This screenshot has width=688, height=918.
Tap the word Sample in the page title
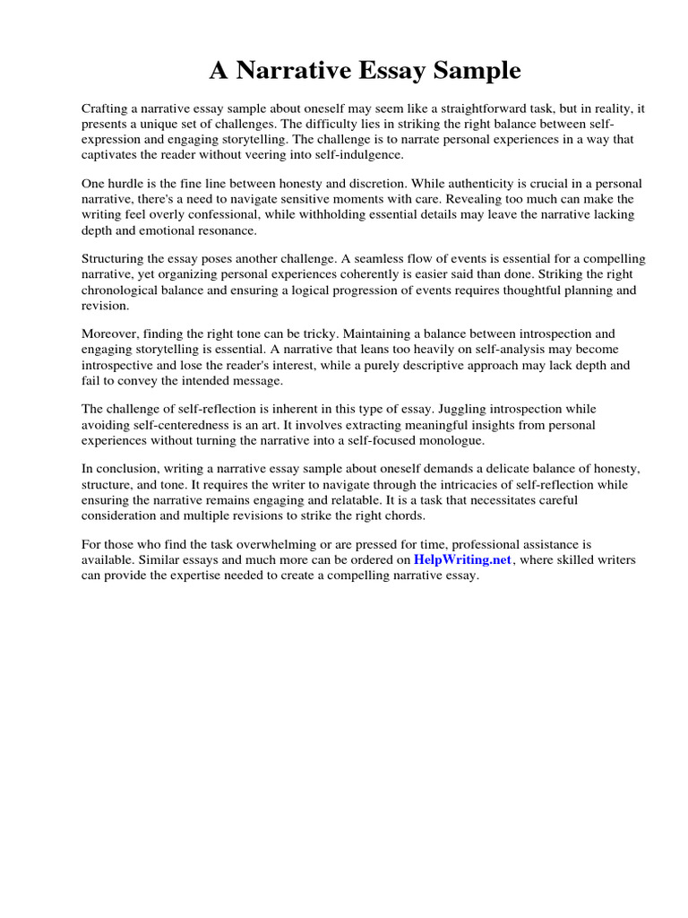pyautogui.click(x=477, y=70)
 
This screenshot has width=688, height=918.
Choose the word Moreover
pyautogui.click(x=110, y=334)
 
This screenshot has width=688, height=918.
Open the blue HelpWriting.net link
pyautogui.click(x=462, y=560)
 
